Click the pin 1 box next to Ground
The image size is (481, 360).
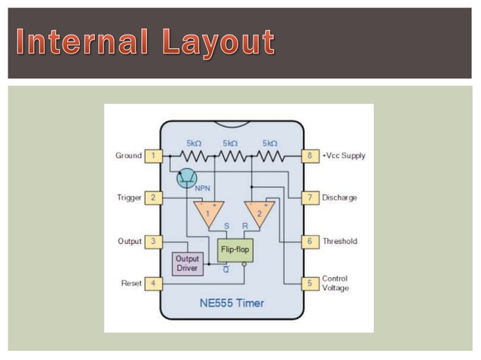(155, 156)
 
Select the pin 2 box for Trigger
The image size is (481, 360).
(155, 197)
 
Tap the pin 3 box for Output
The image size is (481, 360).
(155, 241)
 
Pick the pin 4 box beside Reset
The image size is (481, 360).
(155, 283)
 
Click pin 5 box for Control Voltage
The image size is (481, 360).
(309, 283)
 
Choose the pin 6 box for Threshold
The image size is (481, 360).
(309, 241)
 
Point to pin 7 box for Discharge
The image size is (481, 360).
(309, 197)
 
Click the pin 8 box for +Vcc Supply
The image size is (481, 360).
(309, 156)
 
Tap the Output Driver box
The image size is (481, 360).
(187, 263)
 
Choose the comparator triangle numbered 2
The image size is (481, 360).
(259, 212)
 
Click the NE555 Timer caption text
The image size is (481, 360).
(231, 305)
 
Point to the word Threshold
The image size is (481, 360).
(339, 241)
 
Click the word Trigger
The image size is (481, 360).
(128, 197)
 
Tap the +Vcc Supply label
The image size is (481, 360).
(344, 156)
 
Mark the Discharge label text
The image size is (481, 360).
(340, 197)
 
